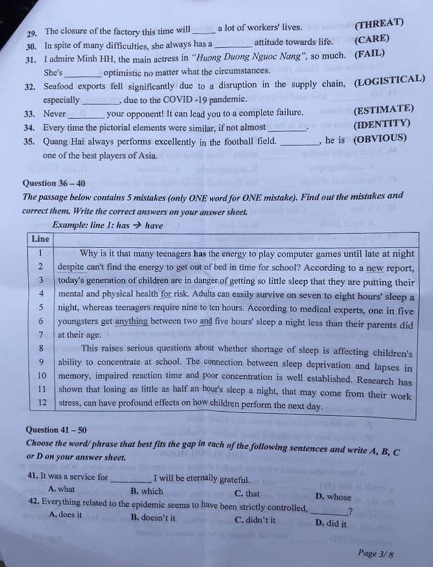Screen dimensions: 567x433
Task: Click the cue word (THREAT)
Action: pos(379,25)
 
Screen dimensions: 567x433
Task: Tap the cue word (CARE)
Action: pos(372,39)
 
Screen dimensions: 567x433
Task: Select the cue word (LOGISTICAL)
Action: pos(390,80)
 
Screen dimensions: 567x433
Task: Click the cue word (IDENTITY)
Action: pos(382,123)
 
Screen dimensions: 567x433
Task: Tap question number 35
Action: pos(30,141)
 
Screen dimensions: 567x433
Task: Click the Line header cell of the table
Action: pos(40,239)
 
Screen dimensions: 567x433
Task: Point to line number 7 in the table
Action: pos(40,335)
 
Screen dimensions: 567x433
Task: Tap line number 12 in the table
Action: pos(41,403)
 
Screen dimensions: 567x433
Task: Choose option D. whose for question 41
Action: pos(333,497)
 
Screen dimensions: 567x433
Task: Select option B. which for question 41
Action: pos(147,491)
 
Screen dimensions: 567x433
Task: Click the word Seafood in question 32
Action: pos(61,85)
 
